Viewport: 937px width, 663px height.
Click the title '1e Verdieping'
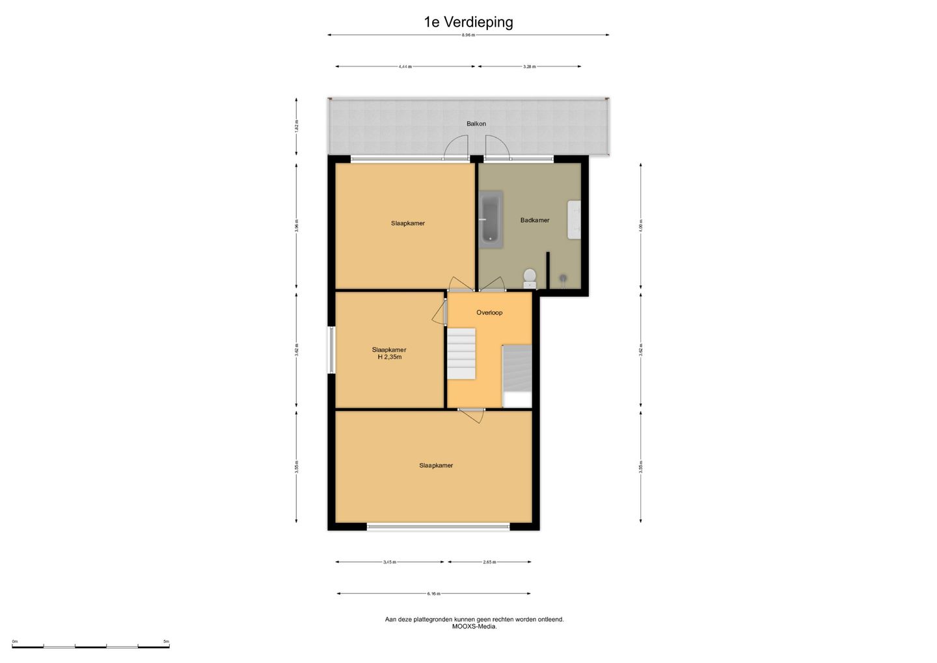point(468,22)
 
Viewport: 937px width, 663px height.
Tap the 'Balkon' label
point(476,124)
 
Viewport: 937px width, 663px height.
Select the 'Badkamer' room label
point(534,220)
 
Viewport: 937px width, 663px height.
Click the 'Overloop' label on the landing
point(489,313)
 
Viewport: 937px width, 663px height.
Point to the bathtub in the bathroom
point(491,219)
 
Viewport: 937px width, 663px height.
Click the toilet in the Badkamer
point(530,277)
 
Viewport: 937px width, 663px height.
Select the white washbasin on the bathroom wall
point(574,219)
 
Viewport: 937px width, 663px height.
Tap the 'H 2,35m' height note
point(389,357)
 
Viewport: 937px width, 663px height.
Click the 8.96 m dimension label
point(468,35)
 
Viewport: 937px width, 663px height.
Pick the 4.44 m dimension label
point(405,66)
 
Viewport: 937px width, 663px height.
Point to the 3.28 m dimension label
point(529,66)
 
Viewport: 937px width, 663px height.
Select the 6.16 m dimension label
point(433,594)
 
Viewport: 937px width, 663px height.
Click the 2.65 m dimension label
point(489,562)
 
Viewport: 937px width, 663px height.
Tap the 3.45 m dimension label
point(389,562)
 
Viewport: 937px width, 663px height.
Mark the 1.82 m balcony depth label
point(297,126)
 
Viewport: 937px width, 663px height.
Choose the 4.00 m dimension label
point(641,225)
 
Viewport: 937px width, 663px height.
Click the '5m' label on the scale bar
point(166,642)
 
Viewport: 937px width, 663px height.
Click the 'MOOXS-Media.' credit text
point(474,627)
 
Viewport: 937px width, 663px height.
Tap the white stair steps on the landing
point(461,353)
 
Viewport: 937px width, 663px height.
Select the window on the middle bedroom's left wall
point(331,350)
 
